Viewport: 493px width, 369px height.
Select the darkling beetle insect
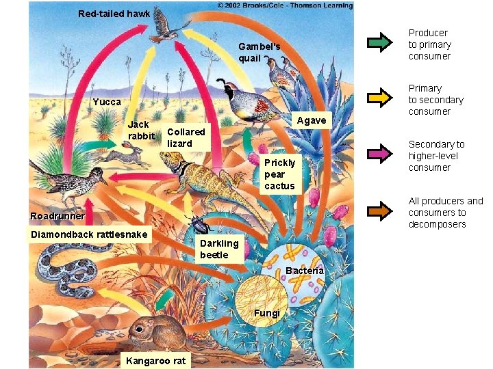(199, 225)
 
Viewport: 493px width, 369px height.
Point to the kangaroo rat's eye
(139, 329)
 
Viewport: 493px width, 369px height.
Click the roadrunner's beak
(104, 181)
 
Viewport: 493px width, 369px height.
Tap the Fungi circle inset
(262, 301)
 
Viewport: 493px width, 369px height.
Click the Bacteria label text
(304, 271)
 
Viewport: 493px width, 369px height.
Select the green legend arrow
(380, 42)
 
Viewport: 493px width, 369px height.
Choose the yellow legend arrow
(380, 98)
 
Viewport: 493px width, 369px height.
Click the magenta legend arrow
(380, 154)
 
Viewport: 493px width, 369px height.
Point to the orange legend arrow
(380, 211)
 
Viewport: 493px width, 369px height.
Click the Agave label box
(312, 120)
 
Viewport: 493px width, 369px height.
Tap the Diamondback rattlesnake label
(89, 234)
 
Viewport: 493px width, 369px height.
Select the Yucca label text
(107, 102)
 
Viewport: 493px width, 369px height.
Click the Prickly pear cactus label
(280, 174)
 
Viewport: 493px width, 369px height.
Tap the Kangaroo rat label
(155, 361)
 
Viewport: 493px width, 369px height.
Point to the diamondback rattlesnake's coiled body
(68, 270)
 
